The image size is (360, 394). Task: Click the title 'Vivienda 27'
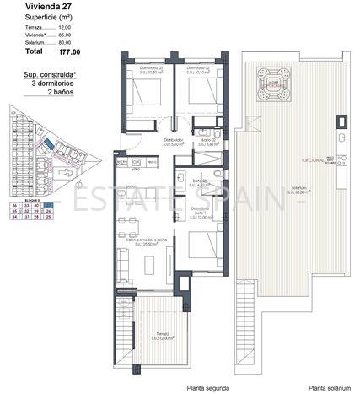point(30,6)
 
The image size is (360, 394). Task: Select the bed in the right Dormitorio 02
point(200,90)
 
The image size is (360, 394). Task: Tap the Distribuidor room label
point(175,141)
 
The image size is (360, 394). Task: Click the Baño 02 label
point(207,141)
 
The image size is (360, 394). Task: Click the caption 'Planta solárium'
point(329,387)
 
